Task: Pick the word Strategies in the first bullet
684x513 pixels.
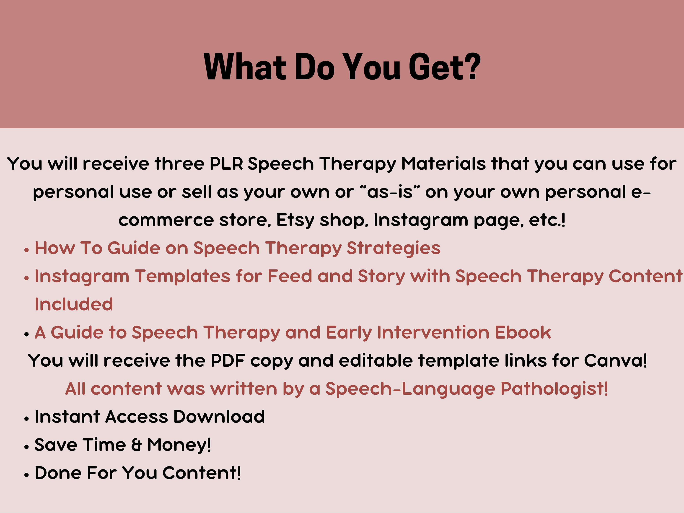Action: coord(393,248)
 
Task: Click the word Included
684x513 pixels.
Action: coord(74,305)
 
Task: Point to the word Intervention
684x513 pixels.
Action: coord(433,333)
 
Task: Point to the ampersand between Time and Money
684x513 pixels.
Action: coord(136,445)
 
